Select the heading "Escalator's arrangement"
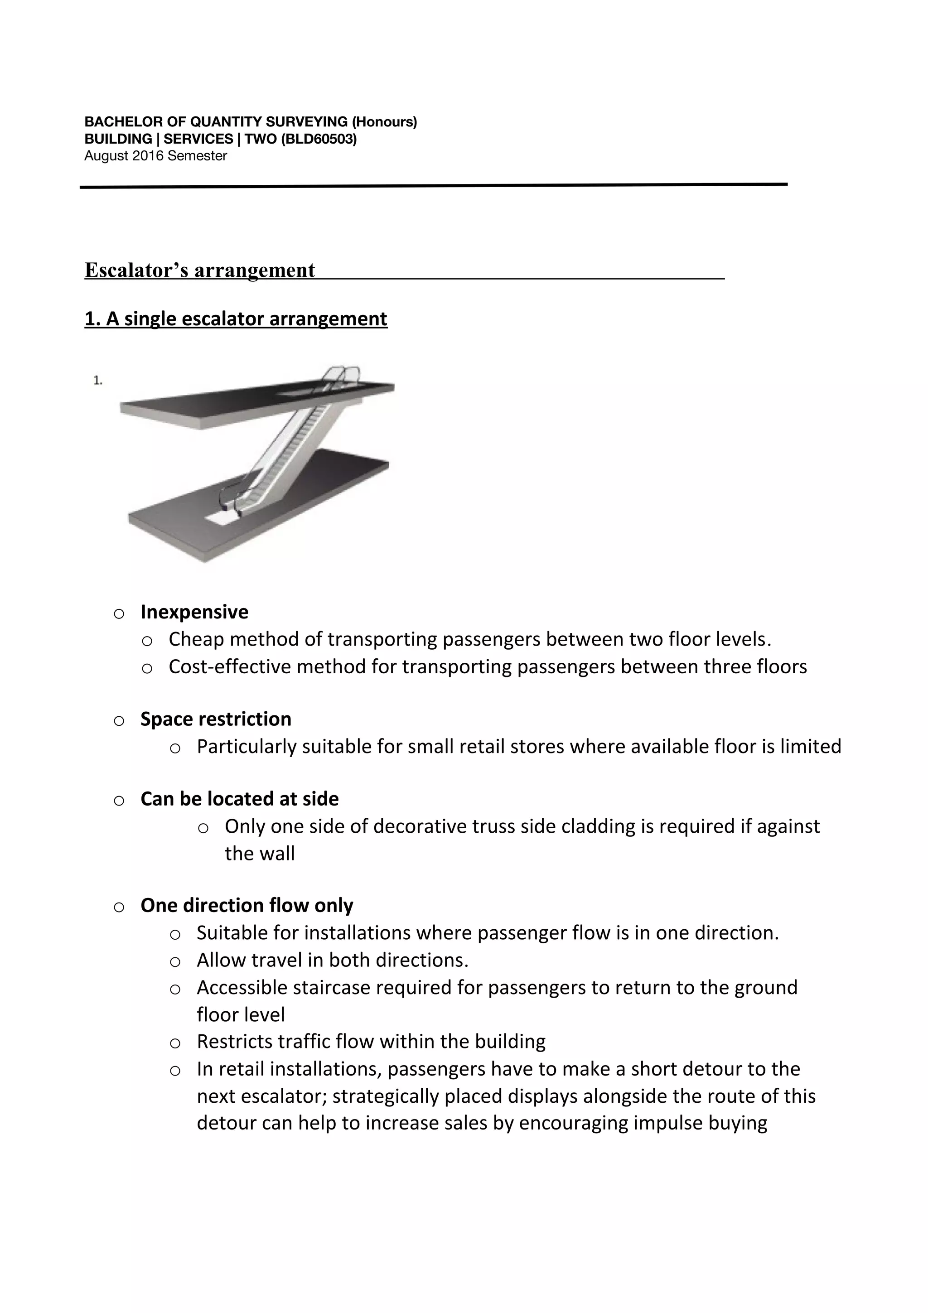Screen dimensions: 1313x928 199,270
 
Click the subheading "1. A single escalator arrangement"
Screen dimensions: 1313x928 236,319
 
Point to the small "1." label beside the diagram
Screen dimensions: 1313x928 98,380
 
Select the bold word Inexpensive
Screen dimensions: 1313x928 194,612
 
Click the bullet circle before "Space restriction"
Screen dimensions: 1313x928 119,720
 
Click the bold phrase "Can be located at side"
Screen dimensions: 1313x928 240,799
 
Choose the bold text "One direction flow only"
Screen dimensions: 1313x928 246,905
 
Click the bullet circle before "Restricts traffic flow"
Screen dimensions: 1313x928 175,1043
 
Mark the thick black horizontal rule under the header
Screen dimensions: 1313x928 433,185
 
